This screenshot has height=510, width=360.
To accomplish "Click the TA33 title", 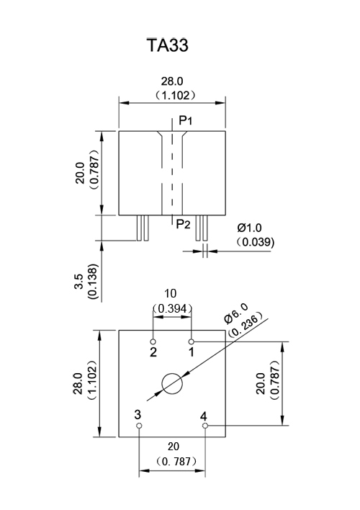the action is coord(168,45).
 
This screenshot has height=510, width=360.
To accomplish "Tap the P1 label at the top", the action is coord(186,120).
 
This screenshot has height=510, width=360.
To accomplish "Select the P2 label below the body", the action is coord(183,224).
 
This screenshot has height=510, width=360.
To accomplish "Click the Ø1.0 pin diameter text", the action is coord(249,228).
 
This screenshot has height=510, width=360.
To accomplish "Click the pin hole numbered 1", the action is coord(192,341).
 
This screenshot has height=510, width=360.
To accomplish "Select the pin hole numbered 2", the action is coord(153,341).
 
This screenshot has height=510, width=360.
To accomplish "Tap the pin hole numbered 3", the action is coord(140,426).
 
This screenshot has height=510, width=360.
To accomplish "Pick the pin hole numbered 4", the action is coord(204,426).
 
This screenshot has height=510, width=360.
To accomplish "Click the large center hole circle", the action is coord(172,373).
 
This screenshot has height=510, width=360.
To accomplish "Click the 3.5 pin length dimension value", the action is coord(79,282).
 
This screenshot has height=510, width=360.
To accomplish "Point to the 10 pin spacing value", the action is coord(170,293).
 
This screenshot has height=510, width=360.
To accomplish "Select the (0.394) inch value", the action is coord(172,308).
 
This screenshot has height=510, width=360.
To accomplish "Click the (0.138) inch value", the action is coord(93,282).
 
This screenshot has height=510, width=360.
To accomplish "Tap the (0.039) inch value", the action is coord(256,242).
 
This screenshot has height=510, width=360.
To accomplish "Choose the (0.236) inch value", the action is coord(246,324).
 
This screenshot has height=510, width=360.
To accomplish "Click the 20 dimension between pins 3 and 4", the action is coord(174,447).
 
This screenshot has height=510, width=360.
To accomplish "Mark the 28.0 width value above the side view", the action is coord(172,81).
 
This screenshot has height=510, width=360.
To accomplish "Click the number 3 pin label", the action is coord(138,415).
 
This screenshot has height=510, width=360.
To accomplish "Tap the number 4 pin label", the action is coord(204,416).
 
